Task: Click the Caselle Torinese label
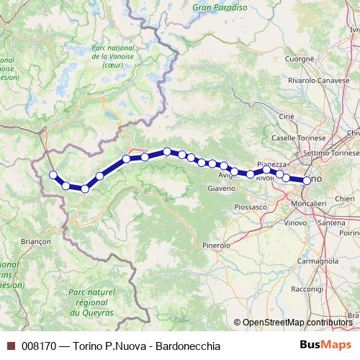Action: pos(295,137)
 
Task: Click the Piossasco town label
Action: pos(250,207)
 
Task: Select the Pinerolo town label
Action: pos(215,246)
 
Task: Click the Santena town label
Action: pos(331,223)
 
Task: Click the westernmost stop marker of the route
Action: pos(53,174)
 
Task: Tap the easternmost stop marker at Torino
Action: pos(307,181)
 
